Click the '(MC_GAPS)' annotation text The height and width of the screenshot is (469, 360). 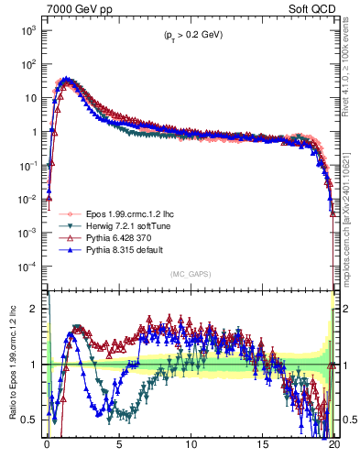coord(191,274)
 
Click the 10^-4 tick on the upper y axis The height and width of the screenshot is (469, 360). coord(30,267)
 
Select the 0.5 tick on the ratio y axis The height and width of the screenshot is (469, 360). coord(34,420)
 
